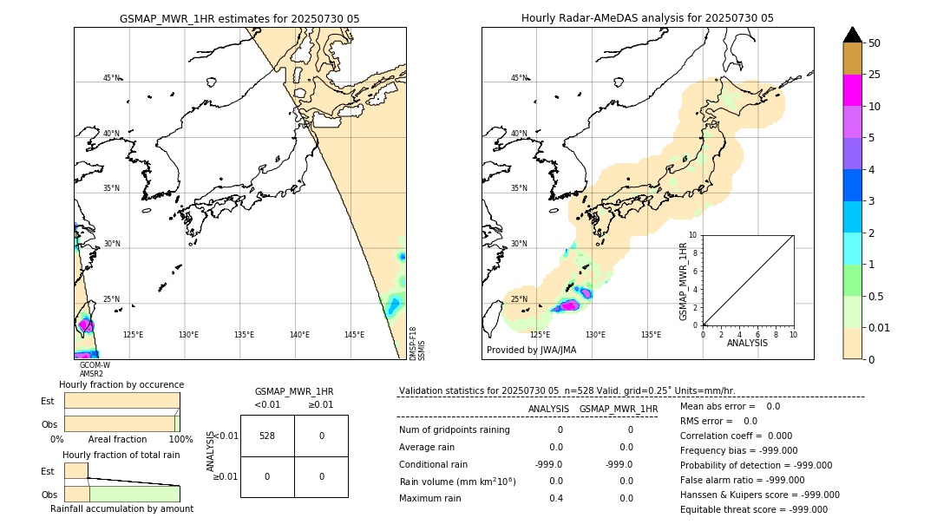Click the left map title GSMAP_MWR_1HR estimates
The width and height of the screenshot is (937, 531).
(x=239, y=18)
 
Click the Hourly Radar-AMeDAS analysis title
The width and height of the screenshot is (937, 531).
(x=647, y=18)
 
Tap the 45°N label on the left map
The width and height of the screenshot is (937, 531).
(x=111, y=78)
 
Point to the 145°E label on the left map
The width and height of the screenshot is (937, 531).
(x=354, y=335)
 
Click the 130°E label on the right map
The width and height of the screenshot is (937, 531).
(x=595, y=335)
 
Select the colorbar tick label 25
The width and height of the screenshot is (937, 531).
(x=875, y=75)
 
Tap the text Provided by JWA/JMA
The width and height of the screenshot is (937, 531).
(x=531, y=351)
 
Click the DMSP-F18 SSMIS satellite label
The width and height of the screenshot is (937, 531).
(x=417, y=343)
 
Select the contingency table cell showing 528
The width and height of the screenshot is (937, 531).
(x=267, y=436)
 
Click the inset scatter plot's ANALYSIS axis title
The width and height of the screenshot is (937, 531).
(x=748, y=343)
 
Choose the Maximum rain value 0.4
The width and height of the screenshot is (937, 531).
(x=555, y=498)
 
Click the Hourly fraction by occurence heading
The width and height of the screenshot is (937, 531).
(x=121, y=384)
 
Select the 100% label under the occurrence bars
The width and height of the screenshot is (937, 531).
(x=180, y=440)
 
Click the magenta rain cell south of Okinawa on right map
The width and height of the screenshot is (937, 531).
(x=569, y=305)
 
